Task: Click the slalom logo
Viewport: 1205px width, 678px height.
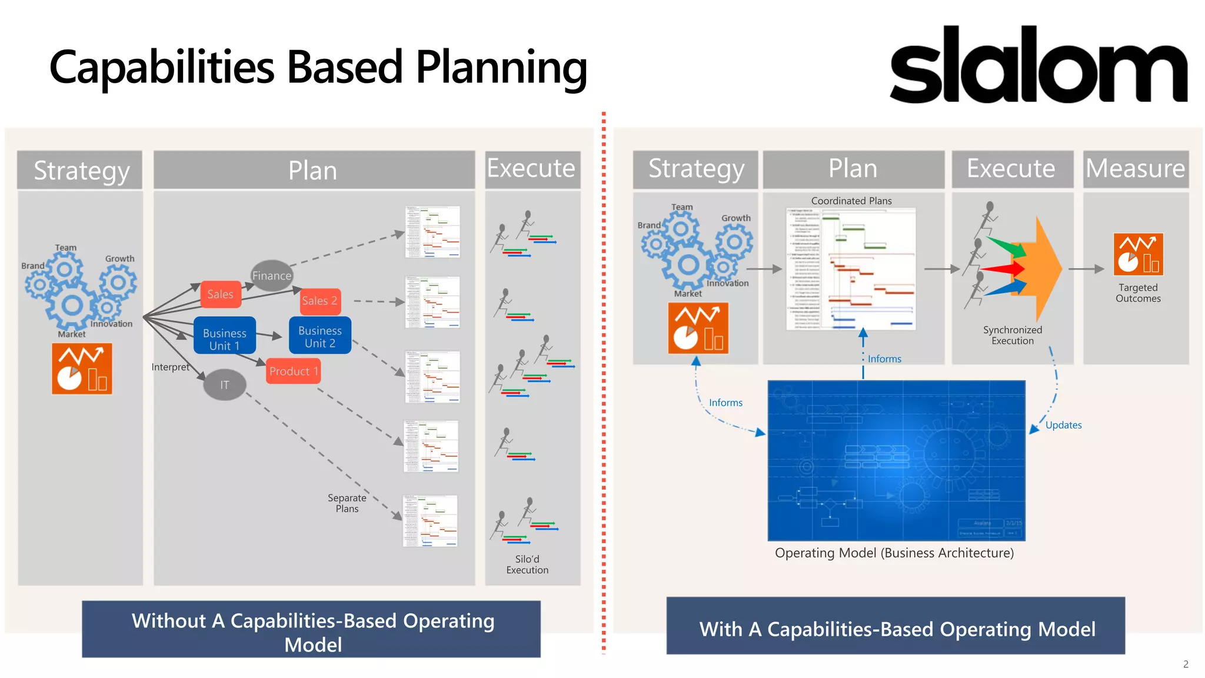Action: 1038,65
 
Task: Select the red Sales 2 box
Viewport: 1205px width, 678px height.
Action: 319,301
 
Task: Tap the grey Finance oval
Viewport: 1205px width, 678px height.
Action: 271,275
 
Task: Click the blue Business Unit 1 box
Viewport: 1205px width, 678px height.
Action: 224,339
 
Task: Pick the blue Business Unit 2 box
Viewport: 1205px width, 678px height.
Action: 319,337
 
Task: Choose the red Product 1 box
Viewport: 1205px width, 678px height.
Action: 293,371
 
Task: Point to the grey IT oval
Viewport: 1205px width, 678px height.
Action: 224,385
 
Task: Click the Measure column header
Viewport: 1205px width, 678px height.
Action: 1135,169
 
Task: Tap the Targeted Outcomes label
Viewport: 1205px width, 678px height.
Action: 1137,293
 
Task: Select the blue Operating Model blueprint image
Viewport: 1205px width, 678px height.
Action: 896,460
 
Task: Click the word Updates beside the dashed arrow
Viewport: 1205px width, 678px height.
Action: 1063,425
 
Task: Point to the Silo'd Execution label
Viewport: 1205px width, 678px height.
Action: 527,564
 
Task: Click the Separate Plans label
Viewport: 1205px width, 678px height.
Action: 347,503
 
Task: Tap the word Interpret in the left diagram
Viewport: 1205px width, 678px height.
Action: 170,367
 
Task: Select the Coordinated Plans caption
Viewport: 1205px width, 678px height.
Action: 851,201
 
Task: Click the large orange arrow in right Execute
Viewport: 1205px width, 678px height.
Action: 1041,269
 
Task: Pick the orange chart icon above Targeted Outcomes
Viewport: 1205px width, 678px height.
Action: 1137,254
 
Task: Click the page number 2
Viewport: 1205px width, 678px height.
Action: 1186,664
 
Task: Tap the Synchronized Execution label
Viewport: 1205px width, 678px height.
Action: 1012,335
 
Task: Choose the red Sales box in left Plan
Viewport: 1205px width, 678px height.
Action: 220,294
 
